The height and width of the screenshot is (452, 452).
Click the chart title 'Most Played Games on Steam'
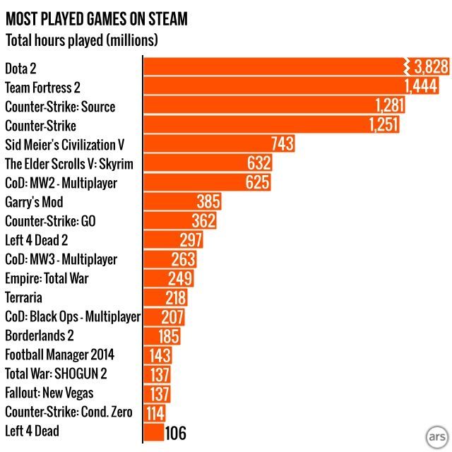click(x=97, y=18)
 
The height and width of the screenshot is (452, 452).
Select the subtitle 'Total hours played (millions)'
click(x=81, y=40)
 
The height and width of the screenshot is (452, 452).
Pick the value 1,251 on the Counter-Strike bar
click(x=383, y=126)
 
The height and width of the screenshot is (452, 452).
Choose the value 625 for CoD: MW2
click(x=257, y=183)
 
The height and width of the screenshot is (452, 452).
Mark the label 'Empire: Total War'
click(x=47, y=278)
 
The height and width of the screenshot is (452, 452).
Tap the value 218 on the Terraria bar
click(x=175, y=297)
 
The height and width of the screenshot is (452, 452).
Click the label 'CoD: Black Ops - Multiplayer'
click(x=73, y=316)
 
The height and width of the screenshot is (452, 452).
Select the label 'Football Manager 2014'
click(x=59, y=355)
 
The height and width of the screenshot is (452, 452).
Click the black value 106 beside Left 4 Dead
click(x=175, y=432)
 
